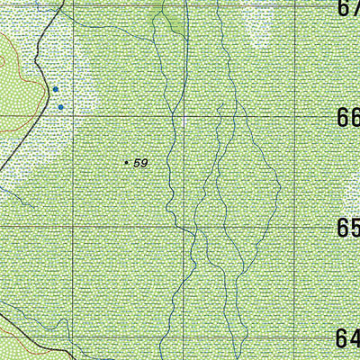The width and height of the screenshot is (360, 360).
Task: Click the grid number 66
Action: (x=347, y=119)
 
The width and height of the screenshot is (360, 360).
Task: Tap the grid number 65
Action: (x=347, y=228)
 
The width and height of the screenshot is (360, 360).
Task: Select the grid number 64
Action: (x=347, y=339)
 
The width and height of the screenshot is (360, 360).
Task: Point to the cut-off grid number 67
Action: (x=349, y=7)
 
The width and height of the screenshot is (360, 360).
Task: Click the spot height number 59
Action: (x=139, y=163)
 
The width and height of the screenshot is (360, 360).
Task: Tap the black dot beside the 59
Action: (x=126, y=163)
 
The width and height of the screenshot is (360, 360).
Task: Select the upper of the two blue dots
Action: (x=56, y=90)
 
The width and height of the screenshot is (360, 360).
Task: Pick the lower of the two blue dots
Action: (x=60, y=107)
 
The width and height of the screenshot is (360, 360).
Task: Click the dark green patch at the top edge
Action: (x=169, y=13)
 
